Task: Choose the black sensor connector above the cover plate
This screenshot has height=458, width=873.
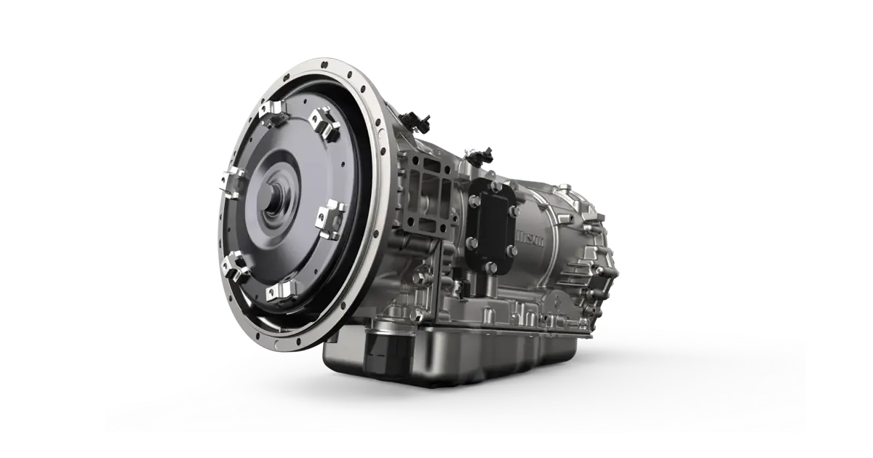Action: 480,155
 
